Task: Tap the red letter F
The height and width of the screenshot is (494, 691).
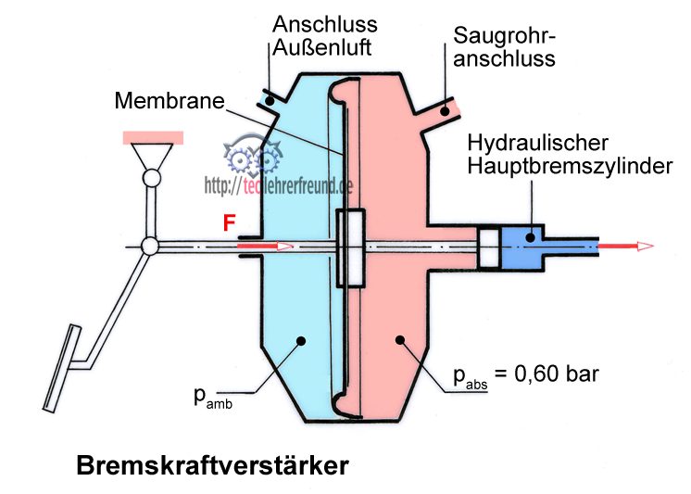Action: tap(229, 223)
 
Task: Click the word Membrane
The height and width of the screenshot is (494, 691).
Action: tap(169, 100)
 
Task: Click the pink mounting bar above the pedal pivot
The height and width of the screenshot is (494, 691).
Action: tap(152, 137)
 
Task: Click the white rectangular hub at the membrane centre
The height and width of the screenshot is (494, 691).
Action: tap(351, 247)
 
